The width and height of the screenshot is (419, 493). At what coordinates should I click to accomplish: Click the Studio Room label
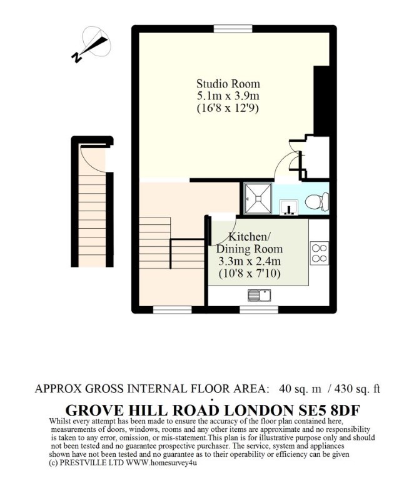[228, 84]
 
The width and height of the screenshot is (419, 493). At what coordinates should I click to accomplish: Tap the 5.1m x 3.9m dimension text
[228, 96]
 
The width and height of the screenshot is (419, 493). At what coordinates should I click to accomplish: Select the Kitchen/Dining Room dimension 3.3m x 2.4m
[250, 261]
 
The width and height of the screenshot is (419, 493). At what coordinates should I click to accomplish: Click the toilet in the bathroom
[317, 201]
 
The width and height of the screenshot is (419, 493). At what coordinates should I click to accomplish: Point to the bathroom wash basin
[290, 207]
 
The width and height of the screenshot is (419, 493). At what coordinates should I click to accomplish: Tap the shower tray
[258, 198]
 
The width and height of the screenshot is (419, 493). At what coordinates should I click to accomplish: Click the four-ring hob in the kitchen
[320, 253]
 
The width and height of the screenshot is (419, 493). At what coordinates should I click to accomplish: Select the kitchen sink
[259, 296]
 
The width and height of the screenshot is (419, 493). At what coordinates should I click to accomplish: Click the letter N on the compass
[76, 57]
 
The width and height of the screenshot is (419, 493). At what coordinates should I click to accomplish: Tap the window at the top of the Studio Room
[233, 29]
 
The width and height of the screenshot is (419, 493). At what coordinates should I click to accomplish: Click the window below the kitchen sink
[259, 310]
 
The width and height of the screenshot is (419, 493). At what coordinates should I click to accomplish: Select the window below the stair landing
[173, 310]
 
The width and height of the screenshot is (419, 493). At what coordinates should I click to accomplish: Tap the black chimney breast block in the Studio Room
[321, 101]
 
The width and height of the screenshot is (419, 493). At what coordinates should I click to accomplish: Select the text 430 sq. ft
[357, 389]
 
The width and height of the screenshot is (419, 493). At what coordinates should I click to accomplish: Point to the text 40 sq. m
[300, 389]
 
